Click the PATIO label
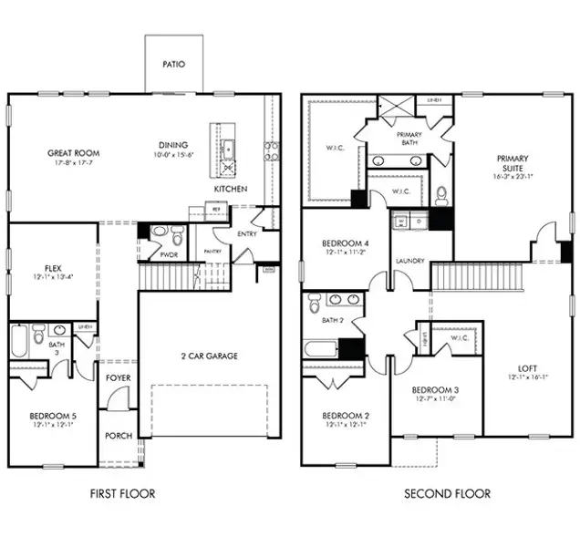[173, 65]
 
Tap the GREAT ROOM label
[74, 153]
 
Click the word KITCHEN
[231, 189]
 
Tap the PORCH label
[119, 435]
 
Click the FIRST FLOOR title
[121, 493]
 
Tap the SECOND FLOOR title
[447, 493]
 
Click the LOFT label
[527, 368]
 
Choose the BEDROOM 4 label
[346, 243]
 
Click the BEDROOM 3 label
[436, 389]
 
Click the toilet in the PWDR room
[157, 233]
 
